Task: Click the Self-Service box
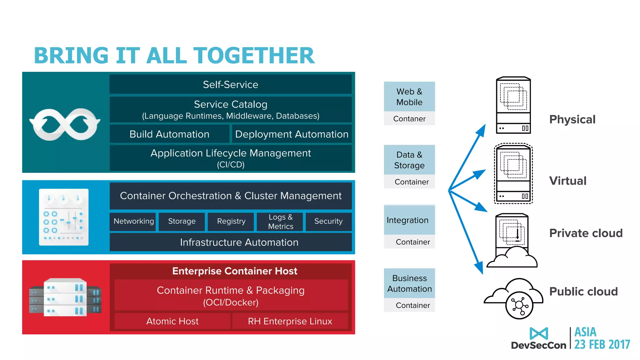pos(231,84)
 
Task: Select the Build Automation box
pos(169,134)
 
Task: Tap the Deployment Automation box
pos(292,134)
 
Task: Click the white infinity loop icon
pos(65,124)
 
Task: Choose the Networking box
pos(133,221)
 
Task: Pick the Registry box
pos(231,221)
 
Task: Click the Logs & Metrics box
pos(280,222)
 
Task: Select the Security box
pos(328,221)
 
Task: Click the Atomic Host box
pos(172,321)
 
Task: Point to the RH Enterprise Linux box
pos(290,321)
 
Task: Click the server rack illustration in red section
pos(65,297)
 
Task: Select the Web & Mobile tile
pos(409,97)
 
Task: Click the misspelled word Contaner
pos(409,119)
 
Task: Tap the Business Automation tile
pos(409,283)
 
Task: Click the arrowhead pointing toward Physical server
pos(482,130)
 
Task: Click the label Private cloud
pos(586,233)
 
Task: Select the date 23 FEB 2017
pos(602,344)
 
